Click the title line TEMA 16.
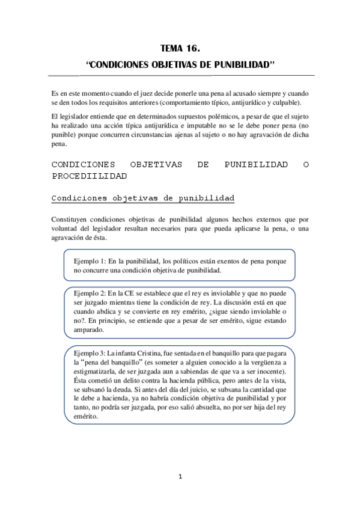[180, 49]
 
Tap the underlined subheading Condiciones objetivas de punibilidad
[143, 198]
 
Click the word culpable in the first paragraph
[277, 103]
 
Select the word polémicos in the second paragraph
[208, 115]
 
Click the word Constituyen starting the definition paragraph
[71, 218]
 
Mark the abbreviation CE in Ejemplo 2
[131, 292]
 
